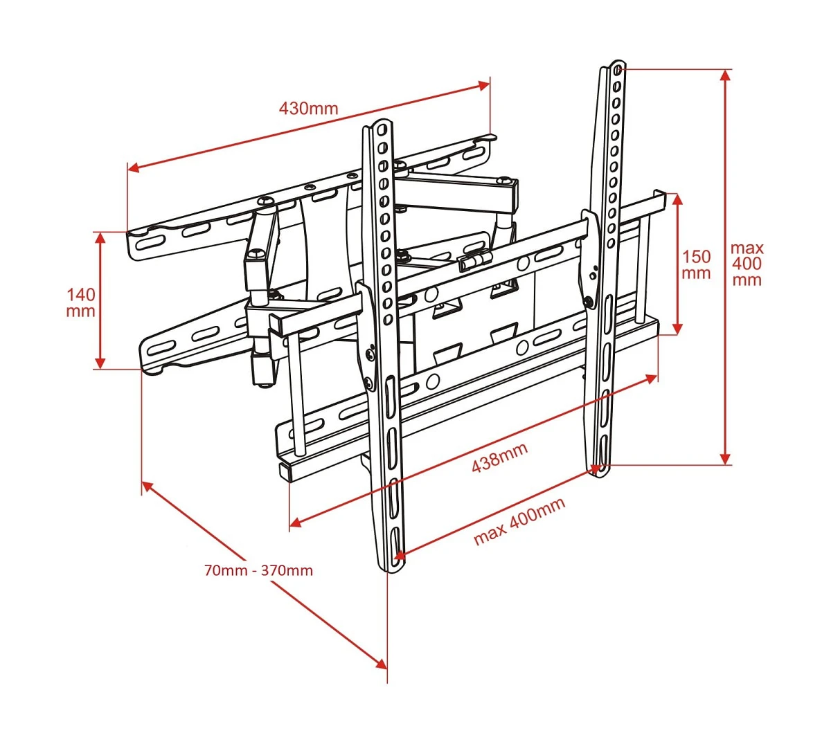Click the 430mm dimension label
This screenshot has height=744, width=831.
tap(308, 109)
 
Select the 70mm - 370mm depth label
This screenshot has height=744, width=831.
tap(258, 571)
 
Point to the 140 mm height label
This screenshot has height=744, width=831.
tap(81, 302)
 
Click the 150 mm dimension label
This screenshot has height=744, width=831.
tap(696, 265)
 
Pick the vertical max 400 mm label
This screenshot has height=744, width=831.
tap(747, 264)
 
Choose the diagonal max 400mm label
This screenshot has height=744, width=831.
tap(519, 521)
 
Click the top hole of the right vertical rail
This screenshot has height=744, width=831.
tap(618, 70)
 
